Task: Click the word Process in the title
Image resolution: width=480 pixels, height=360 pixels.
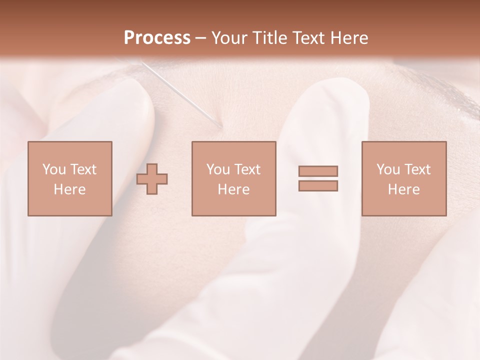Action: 157,38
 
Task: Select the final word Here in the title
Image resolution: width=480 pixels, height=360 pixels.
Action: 349,38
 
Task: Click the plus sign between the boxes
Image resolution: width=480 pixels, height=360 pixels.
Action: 152,178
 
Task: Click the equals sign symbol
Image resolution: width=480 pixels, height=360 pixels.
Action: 318,178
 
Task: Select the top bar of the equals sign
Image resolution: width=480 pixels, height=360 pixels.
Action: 318,171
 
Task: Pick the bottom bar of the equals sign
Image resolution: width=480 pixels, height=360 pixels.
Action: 318,185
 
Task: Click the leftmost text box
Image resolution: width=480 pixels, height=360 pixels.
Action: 69,178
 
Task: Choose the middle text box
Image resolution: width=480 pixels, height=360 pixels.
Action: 233,178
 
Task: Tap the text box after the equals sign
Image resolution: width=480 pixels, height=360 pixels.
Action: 403,178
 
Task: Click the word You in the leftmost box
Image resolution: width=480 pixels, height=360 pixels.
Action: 53,169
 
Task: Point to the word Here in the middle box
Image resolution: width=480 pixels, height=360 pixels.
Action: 233,189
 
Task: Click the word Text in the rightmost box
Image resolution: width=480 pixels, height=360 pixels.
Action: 417,169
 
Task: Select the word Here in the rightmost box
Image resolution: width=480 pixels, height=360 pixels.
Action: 403,189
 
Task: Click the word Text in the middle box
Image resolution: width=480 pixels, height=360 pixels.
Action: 247,169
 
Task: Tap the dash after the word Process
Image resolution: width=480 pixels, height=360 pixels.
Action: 201,38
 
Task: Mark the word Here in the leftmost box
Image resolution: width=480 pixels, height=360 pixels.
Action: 69,189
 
